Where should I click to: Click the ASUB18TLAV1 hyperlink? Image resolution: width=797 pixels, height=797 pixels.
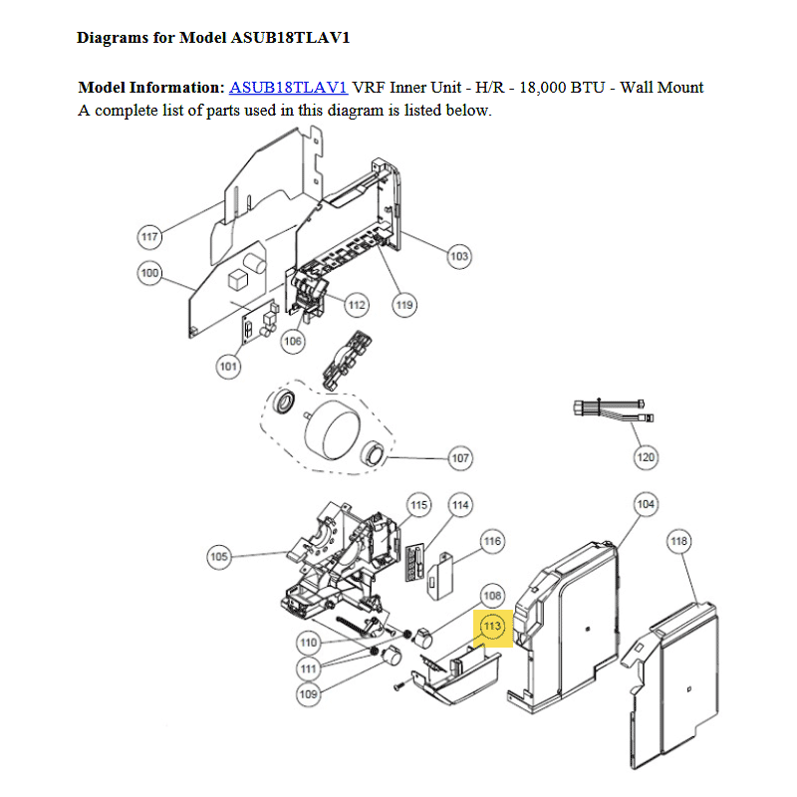point(288,87)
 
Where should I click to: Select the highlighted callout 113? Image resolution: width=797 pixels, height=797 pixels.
point(492,628)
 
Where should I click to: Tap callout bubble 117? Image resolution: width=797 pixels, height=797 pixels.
point(149,237)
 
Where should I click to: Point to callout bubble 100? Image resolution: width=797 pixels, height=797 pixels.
point(149,273)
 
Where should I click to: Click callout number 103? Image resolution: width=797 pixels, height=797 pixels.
point(458,256)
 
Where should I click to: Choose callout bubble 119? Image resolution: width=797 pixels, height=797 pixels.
point(404,305)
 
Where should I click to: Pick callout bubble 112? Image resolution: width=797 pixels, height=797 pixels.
point(357,304)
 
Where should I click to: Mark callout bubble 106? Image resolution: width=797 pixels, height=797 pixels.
point(293,342)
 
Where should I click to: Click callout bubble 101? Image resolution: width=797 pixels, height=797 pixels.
point(229,367)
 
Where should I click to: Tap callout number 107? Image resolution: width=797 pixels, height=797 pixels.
point(459,459)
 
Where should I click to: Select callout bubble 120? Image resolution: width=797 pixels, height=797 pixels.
point(646,457)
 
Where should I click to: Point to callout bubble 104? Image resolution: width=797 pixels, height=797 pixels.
point(646,505)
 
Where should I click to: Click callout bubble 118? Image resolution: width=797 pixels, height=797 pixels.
point(678,541)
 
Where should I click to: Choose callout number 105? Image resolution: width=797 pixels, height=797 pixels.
point(219,556)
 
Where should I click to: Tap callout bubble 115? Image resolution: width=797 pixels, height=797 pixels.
point(419,505)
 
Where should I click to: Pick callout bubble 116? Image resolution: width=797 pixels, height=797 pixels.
point(492,541)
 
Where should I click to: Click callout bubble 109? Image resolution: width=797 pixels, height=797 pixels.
point(309,693)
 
